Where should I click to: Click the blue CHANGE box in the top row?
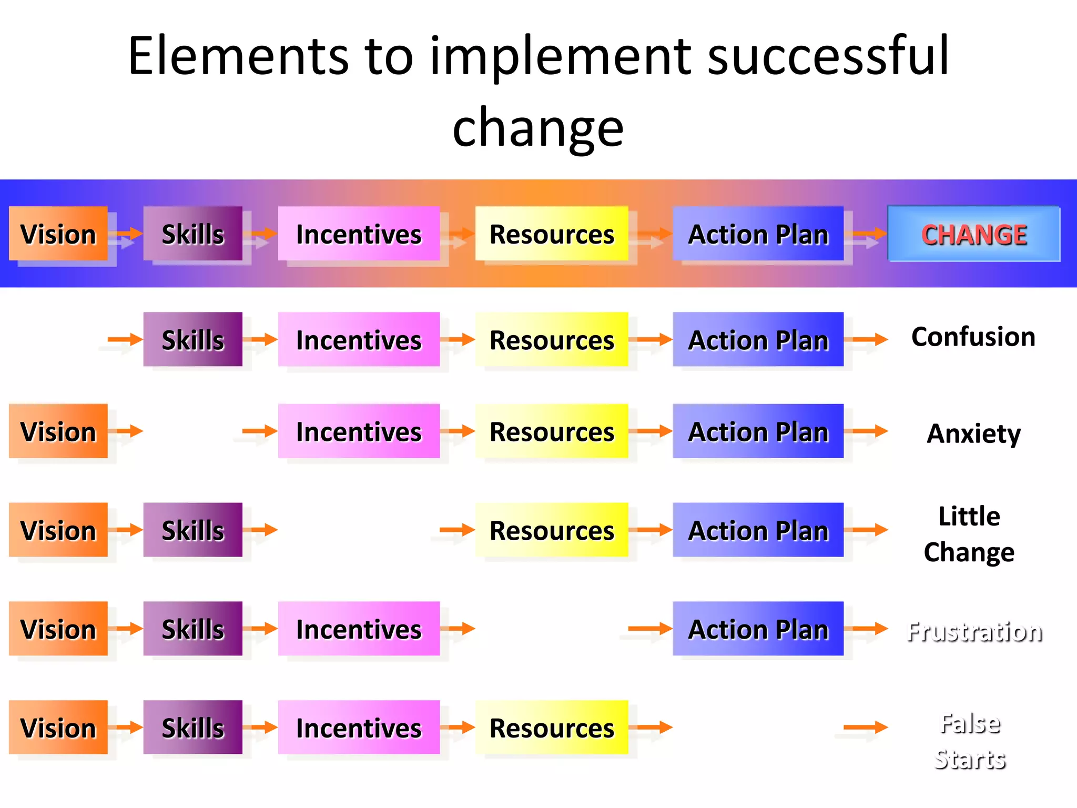pyautogui.click(x=973, y=234)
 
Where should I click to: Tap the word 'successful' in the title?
pyautogui.click(x=828, y=56)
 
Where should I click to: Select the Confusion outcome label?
pyautogui.click(x=973, y=337)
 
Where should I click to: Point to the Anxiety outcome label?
pyautogui.click(x=973, y=433)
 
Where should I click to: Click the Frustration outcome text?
pyautogui.click(x=974, y=631)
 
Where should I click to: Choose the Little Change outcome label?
pyautogui.click(x=969, y=534)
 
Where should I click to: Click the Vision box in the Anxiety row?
pyautogui.click(x=58, y=431)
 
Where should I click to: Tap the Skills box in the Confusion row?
pyautogui.click(x=192, y=339)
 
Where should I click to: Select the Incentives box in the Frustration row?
pyautogui.click(x=359, y=629)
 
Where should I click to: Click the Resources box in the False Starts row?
pyautogui.click(x=552, y=728)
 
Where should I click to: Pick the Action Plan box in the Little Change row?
pyautogui.click(x=758, y=530)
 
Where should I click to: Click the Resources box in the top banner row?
pyautogui.click(x=552, y=234)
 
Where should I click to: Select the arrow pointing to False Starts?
pyautogui.click(x=865, y=728)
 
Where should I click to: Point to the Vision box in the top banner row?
pyautogui.click(x=58, y=234)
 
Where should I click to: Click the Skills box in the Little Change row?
pyautogui.click(x=192, y=530)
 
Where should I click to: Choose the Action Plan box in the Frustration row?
pyautogui.click(x=758, y=629)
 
